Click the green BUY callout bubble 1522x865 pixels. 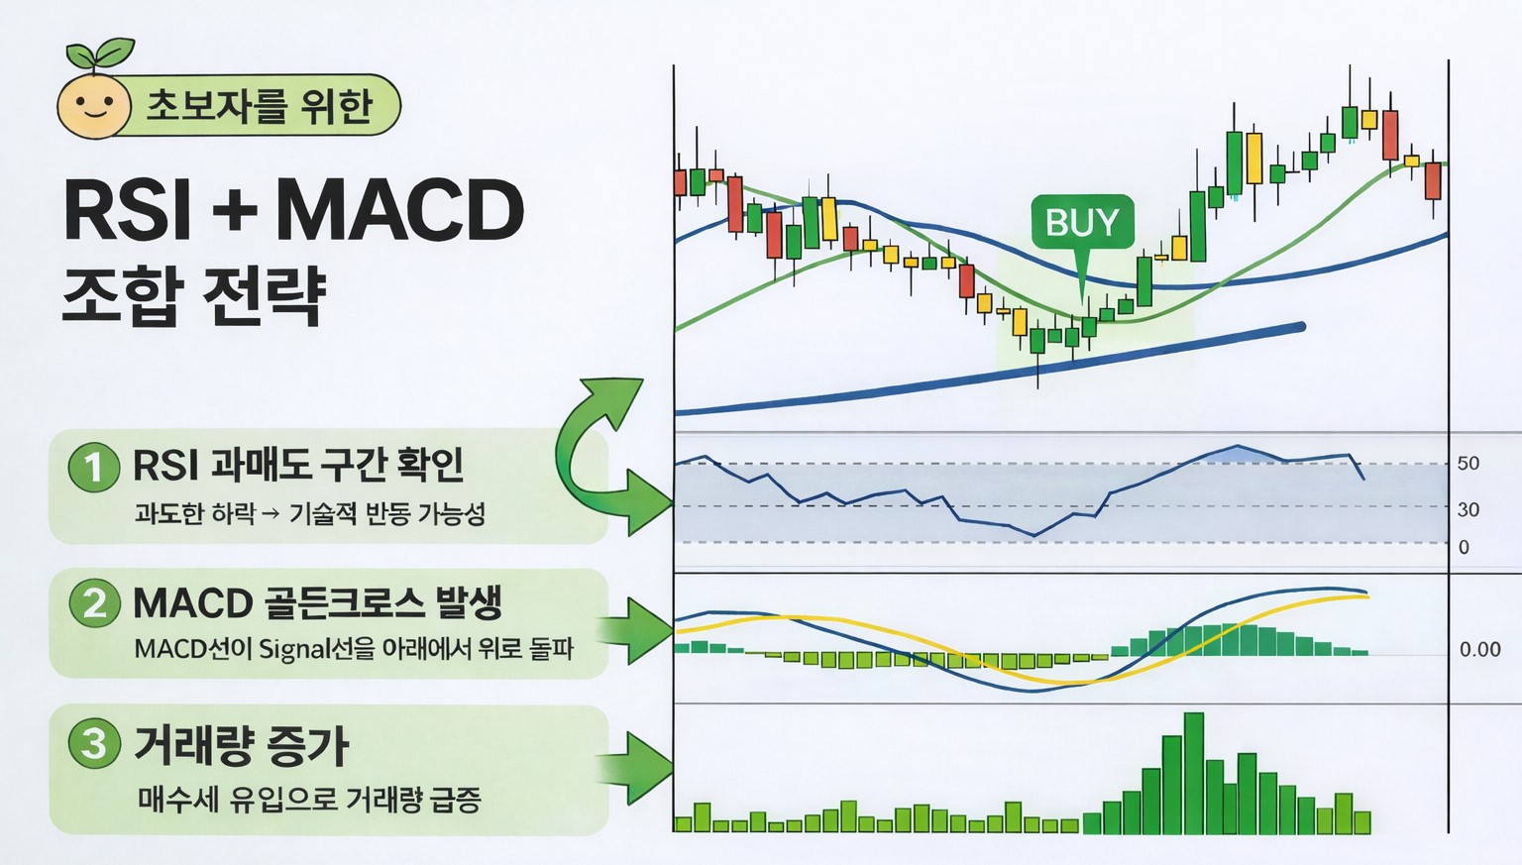pyautogui.click(x=1082, y=222)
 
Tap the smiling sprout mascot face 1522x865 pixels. pyautogui.click(x=94, y=105)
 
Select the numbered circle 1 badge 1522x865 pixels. pyautogui.click(x=94, y=466)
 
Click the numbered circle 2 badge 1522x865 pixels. pyautogui.click(x=94, y=602)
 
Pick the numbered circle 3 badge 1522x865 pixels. pyautogui.click(x=94, y=743)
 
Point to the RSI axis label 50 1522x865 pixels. pyautogui.click(x=1468, y=464)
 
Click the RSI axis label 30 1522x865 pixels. pyautogui.click(x=1468, y=509)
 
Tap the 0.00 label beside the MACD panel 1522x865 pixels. pyautogui.click(x=1479, y=650)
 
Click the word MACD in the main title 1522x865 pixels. pyautogui.click(x=398, y=210)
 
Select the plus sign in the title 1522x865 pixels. pyautogui.click(x=234, y=210)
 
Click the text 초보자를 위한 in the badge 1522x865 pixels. pyautogui.click(x=260, y=106)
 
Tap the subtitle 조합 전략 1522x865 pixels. pyautogui.click(x=194, y=295)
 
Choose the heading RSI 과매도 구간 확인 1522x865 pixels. pyautogui.click(x=298, y=465)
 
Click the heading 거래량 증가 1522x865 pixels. pyautogui.click(x=241, y=744)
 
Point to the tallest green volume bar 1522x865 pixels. pyautogui.click(x=1193, y=773)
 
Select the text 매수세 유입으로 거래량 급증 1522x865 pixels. pyautogui.click(x=309, y=800)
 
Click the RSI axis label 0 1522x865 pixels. pyautogui.click(x=1464, y=547)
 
